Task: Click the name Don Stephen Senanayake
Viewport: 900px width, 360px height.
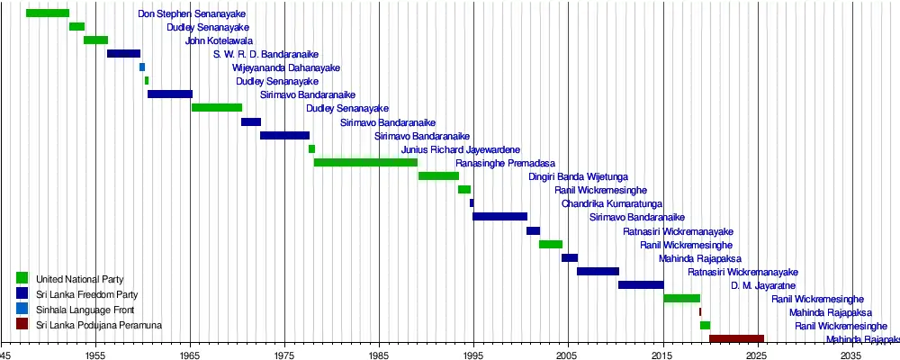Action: click(192, 14)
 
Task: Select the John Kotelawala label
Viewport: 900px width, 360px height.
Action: click(219, 41)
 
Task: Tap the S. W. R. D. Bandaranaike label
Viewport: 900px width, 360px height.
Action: click(265, 55)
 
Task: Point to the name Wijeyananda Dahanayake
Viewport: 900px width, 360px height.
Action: click(285, 68)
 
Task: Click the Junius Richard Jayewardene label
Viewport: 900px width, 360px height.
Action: click(460, 149)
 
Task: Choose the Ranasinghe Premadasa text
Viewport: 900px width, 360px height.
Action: click(505, 163)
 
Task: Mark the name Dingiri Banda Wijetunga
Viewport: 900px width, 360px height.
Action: click(578, 176)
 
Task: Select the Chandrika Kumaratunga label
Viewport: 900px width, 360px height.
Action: click(612, 203)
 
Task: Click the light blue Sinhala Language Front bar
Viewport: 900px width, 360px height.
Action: click(142, 67)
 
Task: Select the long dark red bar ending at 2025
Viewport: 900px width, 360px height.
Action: click(736, 339)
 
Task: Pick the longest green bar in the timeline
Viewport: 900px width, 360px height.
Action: click(365, 163)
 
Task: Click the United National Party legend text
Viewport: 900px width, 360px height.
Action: click(80, 280)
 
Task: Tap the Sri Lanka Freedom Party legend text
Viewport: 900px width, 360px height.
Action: click(86, 294)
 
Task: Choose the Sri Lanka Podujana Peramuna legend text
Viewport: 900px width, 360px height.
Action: click(99, 324)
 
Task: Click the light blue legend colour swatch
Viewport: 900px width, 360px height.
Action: click(22, 309)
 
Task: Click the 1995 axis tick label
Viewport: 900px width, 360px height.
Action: click(473, 355)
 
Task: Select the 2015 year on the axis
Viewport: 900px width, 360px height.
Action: click(662, 355)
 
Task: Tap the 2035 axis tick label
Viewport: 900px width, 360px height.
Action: click(851, 355)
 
